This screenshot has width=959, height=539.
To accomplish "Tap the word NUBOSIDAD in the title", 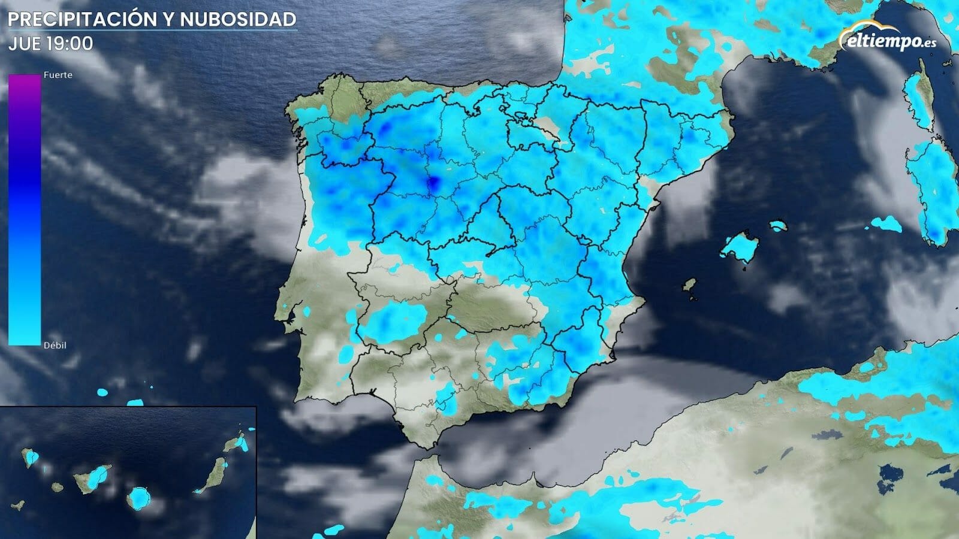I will (238, 19).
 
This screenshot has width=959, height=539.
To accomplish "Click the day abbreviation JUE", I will (25, 44).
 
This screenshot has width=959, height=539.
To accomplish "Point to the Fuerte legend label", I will (58, 75).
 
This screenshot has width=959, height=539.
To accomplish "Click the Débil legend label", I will (55, 346).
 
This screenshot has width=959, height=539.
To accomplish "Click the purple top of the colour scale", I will (25, 81).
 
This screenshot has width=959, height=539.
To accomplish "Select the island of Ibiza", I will (690, 285).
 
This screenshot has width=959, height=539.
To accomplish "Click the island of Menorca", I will (777, 226).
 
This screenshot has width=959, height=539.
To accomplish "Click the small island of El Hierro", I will (19, 505).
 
